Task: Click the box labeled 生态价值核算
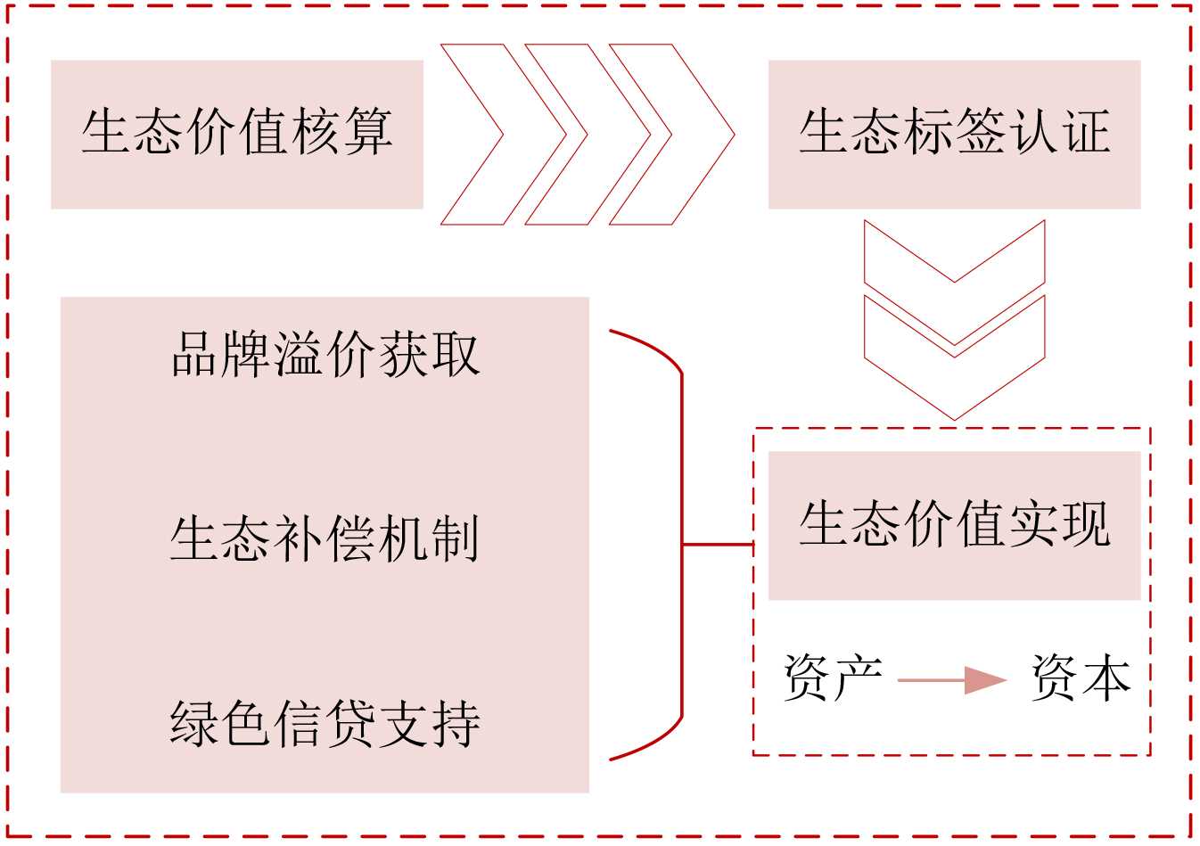pyautogui.click(x=236, y=134)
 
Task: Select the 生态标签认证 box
pyautogui.click(x=954, y=134)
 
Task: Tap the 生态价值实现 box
pyautogui.click(x=954, y=525)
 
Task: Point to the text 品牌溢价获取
pyautogui.click(x=325, y=354)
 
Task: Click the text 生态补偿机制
pyautogui.click(x=325, y=539)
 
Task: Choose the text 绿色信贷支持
pyautogui.click(x=325, y=723)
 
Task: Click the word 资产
pyautogui.click(x=833, y=678)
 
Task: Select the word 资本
pyautogui.click(x=1081, y=678)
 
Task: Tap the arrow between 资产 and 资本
pyautogui.click(x=952, y=680)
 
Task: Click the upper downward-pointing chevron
pyautogui.click(x=954, y=267)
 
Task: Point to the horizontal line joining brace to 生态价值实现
pyautogui.click(x=718, y=544)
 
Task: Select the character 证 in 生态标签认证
pyautogui.click(x=1085, y=134)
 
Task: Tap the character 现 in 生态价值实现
pyautogui.click(x=1085, y=525)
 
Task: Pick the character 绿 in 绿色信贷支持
pyautogui.click(x=195, y=723)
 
